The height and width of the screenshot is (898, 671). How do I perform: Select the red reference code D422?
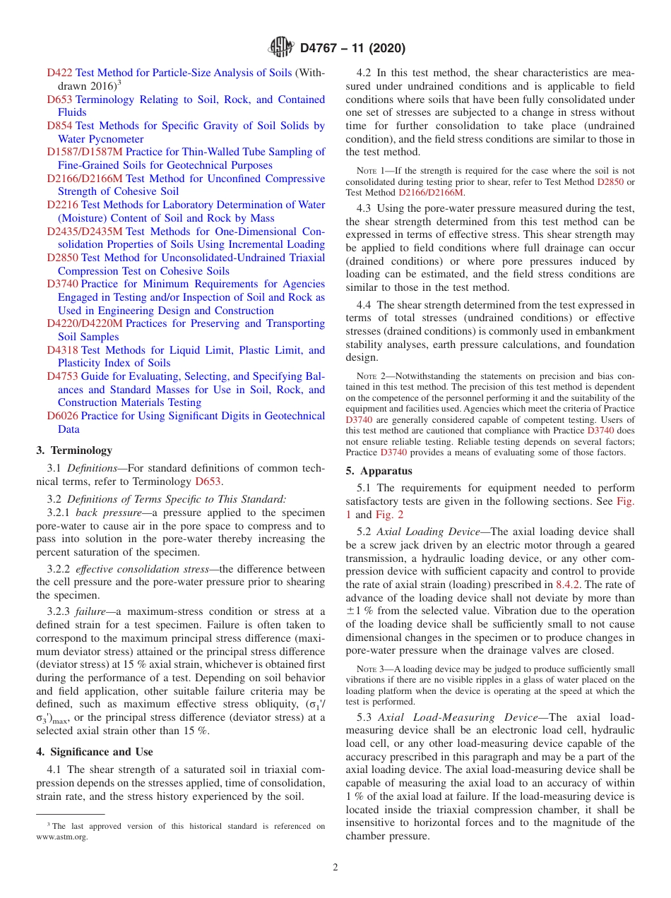[x=59, y=73]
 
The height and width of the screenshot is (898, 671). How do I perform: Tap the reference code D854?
[x=59, y=126]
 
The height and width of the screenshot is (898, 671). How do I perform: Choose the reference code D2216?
[x=62, y=205]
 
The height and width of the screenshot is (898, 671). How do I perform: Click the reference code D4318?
[x=62, y=350]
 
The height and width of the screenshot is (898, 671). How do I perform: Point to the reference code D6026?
[x=62, y=416]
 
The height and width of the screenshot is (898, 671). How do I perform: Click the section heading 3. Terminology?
[x=73, y=450]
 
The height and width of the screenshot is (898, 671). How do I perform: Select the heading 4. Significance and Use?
[x=94, y=752]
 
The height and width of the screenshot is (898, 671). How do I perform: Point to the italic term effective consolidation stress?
[x=142, y=569]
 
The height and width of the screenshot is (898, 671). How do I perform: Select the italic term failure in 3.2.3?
[x=92, y=611]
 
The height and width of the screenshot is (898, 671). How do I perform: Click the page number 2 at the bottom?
[x=335, y=868]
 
